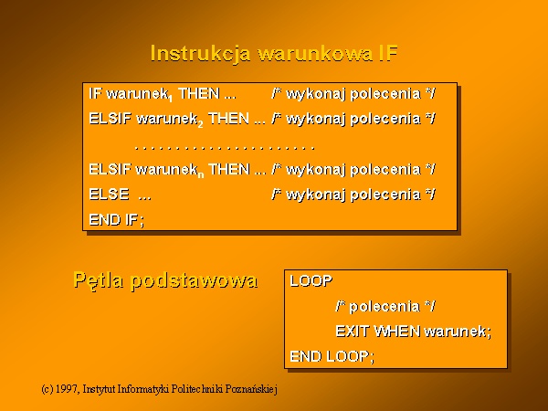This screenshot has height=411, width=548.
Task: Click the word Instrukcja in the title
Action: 200,55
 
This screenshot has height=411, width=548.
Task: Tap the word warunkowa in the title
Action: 314,54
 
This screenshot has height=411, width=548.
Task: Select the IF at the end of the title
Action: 388,54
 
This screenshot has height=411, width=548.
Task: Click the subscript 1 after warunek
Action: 170,99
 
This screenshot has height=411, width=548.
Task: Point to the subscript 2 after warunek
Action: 200,124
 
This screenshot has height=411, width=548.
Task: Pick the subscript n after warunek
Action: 201,174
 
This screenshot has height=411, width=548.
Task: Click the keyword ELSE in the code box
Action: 109,195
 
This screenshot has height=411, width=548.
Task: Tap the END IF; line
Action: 116,220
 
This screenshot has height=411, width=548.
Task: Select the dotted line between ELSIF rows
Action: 225,148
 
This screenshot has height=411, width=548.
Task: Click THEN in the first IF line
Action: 199,94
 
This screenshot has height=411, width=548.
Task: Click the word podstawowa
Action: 194,280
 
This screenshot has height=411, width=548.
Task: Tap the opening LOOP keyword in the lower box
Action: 311,281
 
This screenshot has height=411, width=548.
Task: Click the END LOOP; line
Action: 332,356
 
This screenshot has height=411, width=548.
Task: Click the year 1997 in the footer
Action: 67,389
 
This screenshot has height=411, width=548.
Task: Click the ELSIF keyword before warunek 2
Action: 111,119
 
